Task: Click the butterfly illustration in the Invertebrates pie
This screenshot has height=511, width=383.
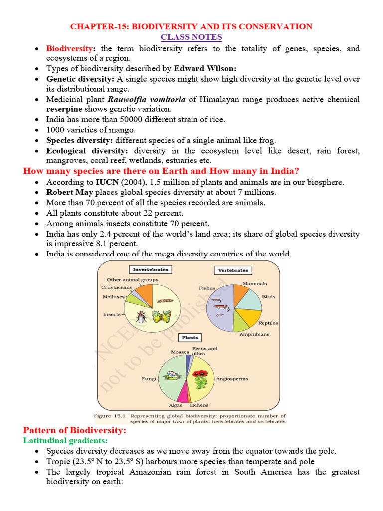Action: coord(161,316)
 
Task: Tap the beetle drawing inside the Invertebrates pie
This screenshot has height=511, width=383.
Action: coord(142,316)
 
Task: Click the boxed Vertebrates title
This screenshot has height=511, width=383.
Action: coord(233,270)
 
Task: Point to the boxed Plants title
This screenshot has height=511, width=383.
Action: coord(190,338)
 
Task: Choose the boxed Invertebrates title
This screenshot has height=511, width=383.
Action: coord(150,269)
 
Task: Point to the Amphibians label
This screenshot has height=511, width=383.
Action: coord(254,334)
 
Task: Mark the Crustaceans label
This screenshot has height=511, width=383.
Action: coord(117,287)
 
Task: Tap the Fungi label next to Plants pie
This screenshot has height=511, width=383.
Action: coord(148,379)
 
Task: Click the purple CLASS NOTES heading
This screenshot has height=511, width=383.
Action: coord(191,37)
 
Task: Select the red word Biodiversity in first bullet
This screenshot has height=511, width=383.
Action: coord(69,49)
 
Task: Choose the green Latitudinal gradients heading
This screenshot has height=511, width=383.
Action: coord(65,441)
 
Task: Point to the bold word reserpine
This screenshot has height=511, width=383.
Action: coord(64,109)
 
